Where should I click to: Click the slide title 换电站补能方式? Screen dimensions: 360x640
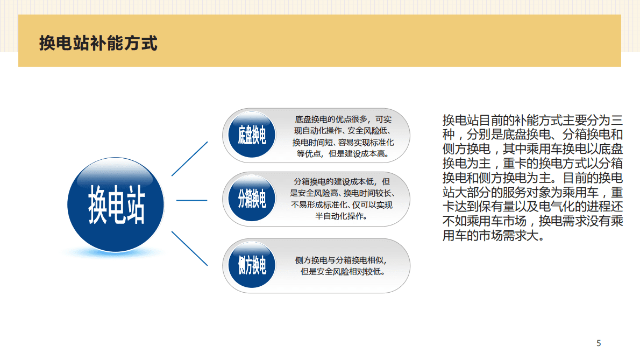pyautogui.click(x=98, y=43)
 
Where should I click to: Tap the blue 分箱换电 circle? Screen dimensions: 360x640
pyautogui.click(x=252, y=199)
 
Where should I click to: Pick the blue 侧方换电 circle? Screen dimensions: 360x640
pyautogui.click(x=252, y=265)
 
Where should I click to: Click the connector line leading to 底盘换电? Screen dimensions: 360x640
pyautogui.click(x=189, y=159)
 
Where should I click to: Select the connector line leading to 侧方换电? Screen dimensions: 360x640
pyautogui.click(x=189, y=248)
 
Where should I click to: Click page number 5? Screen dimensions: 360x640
pyautogui.click(x=599, y=343)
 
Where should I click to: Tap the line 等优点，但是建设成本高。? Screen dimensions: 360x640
pyautogui.click(x=343, y=154)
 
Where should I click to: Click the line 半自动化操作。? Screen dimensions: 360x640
pyautogui.click(x=343, y=216)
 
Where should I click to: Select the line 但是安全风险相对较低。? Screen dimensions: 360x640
pyautogui.click(x=343, y=272)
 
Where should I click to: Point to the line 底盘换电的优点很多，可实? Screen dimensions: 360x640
pyautogui.click(x=343, y=119)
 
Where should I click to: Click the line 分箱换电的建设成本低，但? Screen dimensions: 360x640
pyautogui.click(x=342, y=181)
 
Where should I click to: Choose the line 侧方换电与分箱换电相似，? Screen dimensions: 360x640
pyautogui.click(x=341, y=260)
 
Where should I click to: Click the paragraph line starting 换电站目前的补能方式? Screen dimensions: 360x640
pyautogui.click(x=532, y=119)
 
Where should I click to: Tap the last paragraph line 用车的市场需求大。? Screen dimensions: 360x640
pyautogui.click(x=493, y=236)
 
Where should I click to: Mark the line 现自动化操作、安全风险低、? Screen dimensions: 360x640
pyautogui.click(x=343, y=131)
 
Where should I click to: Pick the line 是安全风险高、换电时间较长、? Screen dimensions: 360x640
pyautogui.click(x=343, y=193)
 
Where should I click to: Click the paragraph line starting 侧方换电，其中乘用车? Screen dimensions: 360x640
pyautogui.click(x=532, y=149)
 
